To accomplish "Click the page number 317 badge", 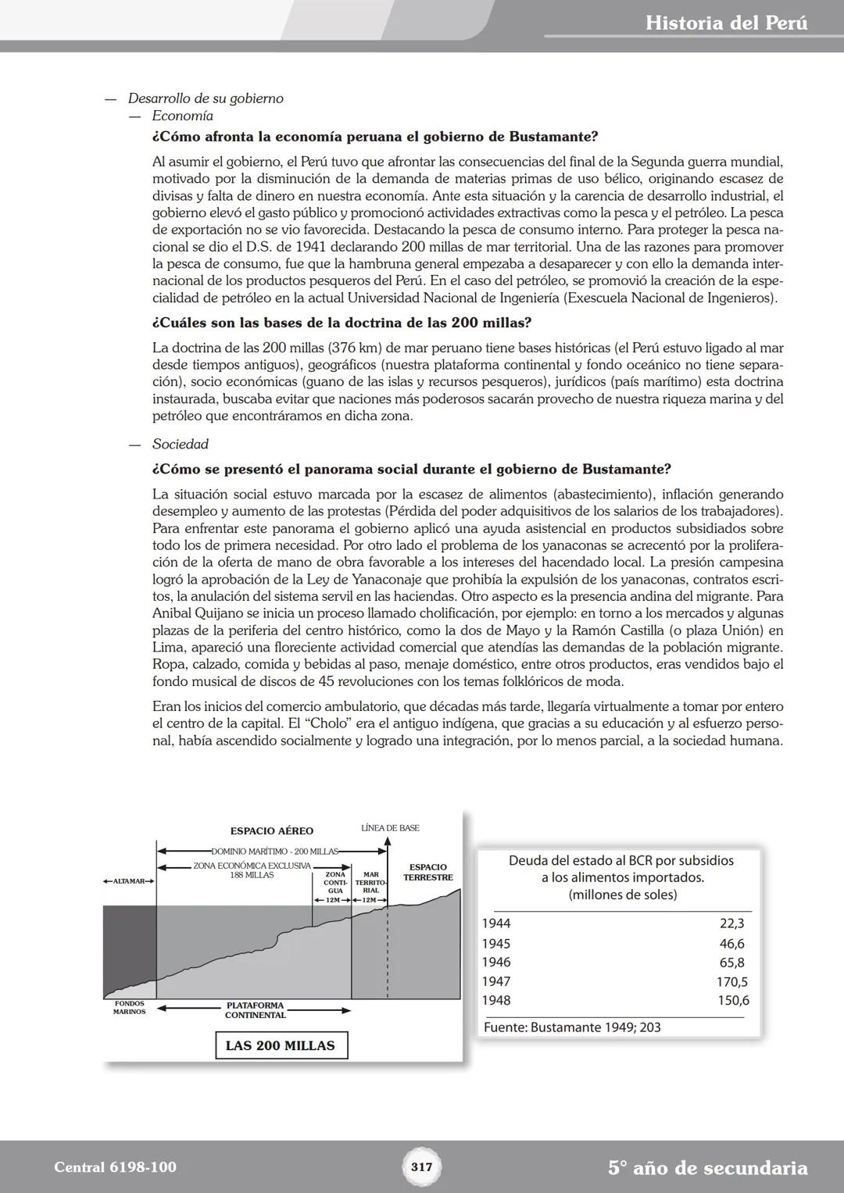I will (421, 1167).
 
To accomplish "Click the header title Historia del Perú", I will (726, 23).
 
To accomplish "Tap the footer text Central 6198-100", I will (115, 1167).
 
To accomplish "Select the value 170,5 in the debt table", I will (731, 981).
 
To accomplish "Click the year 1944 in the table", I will (495, 923).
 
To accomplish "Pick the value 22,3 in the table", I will (731, 923).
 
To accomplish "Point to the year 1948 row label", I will (495, 1000).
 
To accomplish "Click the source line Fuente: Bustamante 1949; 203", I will (571, 1027).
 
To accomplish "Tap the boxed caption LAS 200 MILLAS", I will (280, 1045).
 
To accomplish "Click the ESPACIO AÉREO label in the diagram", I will (271, 831).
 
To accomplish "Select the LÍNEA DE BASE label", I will (390, 827).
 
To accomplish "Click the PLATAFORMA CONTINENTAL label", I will (255, 1010).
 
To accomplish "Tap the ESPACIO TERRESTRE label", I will (427, 872).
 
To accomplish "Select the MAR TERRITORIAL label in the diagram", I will (371, 882).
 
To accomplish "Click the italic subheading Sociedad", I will (180, 444).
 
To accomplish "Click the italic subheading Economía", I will (182, 116).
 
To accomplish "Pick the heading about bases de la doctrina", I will (342, 323).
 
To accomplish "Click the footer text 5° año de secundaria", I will (707, 1167).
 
